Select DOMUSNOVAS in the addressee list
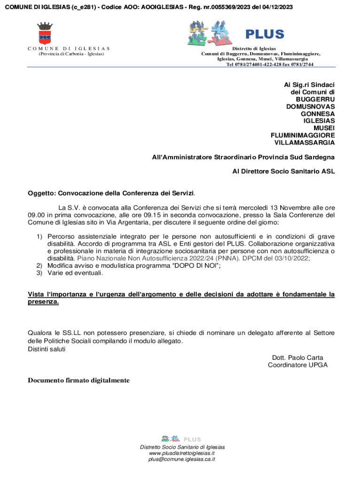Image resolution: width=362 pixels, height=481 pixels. click(x=310, y=107)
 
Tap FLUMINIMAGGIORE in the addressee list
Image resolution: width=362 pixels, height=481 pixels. click(x=303, y=135)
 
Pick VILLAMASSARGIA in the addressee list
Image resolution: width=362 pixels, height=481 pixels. click(x=304, y=142)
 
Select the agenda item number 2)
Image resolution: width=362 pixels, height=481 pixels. click(x=40, y=265)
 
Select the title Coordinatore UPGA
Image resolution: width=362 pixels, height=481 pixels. click(x=298, y=365)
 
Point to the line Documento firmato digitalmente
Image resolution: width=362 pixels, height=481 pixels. click(x=79, y=380)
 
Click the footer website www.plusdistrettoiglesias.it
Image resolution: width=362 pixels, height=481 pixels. click(x=181, y=453)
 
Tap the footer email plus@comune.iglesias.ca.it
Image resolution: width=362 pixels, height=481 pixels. click(x=181, y=459)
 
